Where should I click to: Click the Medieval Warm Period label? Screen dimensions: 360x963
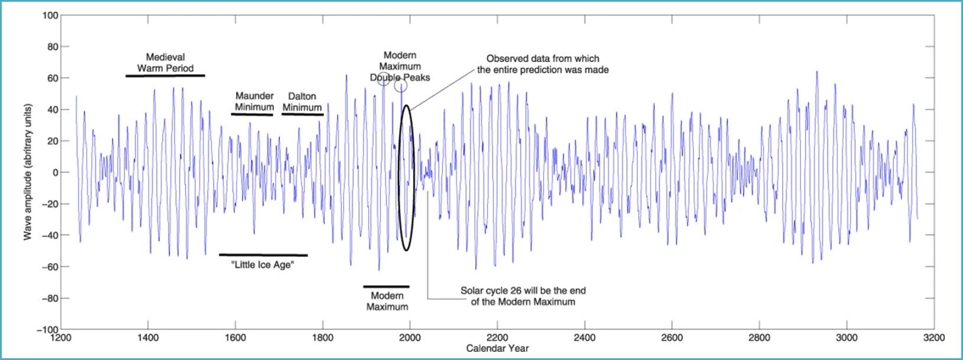pyautogui.click(x=165, y=63)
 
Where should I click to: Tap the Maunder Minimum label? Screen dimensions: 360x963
pyautogui.click(x=254, y=102)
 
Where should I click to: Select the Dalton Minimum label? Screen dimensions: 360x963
pyautogui.click(x=302, y=102)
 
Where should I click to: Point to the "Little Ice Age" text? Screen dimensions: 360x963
pyautogui.click(x=263, y=265)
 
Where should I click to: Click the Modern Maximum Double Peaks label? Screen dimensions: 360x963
pyautogui.click(x=400, y=66)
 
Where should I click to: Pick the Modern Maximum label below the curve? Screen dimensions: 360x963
pyautogui.click(x=387, y=301)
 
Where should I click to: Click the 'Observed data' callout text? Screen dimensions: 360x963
pyautogui.click(x=543, y=64)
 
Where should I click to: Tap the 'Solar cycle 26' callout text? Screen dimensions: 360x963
pyautogui.click(x=523, y=296)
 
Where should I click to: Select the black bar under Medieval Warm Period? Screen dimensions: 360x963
pyautogui.click(x=165, y=76)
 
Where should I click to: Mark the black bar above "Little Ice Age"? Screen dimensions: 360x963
pyautogui.click(x=263, y=255)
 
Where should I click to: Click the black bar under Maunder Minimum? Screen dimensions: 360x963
pyautogui.click(x=252, y=114)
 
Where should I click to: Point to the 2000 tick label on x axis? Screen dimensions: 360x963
pyautogui.click(x=410, y=338)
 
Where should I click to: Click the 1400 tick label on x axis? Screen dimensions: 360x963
pyautogui.click(x=148, y=338)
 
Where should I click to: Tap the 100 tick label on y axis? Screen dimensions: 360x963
pyautogui.click(x=51, y=15)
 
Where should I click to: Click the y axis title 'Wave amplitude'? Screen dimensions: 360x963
pyautogui.click(x=27, y=172)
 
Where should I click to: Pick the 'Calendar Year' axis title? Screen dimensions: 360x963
pyautogui.click(x=497, y=348)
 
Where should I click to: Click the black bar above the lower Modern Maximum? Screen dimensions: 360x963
pyautogui.click(x=386, y=287)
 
